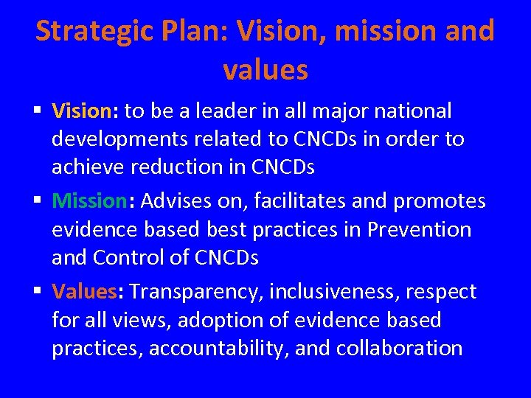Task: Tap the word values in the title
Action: [265, 70]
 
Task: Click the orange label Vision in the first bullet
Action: [80, 111]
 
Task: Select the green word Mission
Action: [89, 200]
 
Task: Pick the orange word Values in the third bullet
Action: [83, 292]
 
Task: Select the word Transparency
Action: [195, 293]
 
